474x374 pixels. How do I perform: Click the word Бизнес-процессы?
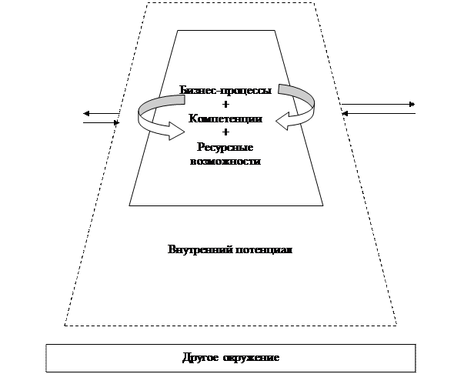225,90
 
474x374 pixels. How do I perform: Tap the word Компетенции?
225,119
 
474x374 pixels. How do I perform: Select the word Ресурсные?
225,148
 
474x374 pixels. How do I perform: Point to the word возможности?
225,161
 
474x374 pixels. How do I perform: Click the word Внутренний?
200,250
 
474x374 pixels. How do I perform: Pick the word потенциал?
264,250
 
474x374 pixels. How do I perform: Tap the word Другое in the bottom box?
200,358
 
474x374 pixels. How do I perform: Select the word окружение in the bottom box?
251,358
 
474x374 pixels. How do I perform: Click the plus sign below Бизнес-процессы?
225,105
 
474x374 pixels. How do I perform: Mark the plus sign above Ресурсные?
225,132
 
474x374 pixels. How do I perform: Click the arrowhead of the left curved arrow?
177,132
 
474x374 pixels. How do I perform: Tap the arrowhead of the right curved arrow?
283,122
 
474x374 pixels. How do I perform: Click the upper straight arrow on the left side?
102,114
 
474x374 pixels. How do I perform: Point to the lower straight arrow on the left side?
102,123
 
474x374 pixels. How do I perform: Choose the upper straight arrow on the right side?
378,105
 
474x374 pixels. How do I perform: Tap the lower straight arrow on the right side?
379,113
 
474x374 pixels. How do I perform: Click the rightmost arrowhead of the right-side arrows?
412,105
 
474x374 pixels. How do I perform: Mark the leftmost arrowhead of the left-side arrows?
86,114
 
